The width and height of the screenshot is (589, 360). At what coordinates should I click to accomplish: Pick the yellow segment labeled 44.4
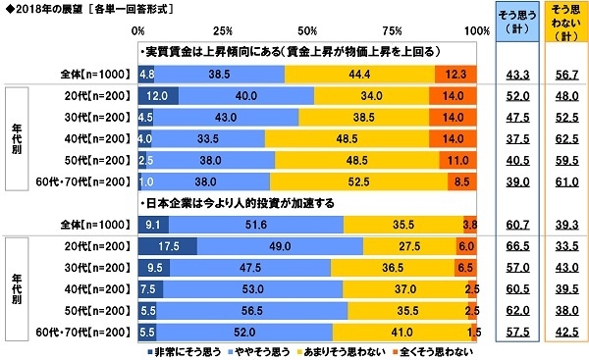(359, 74)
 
